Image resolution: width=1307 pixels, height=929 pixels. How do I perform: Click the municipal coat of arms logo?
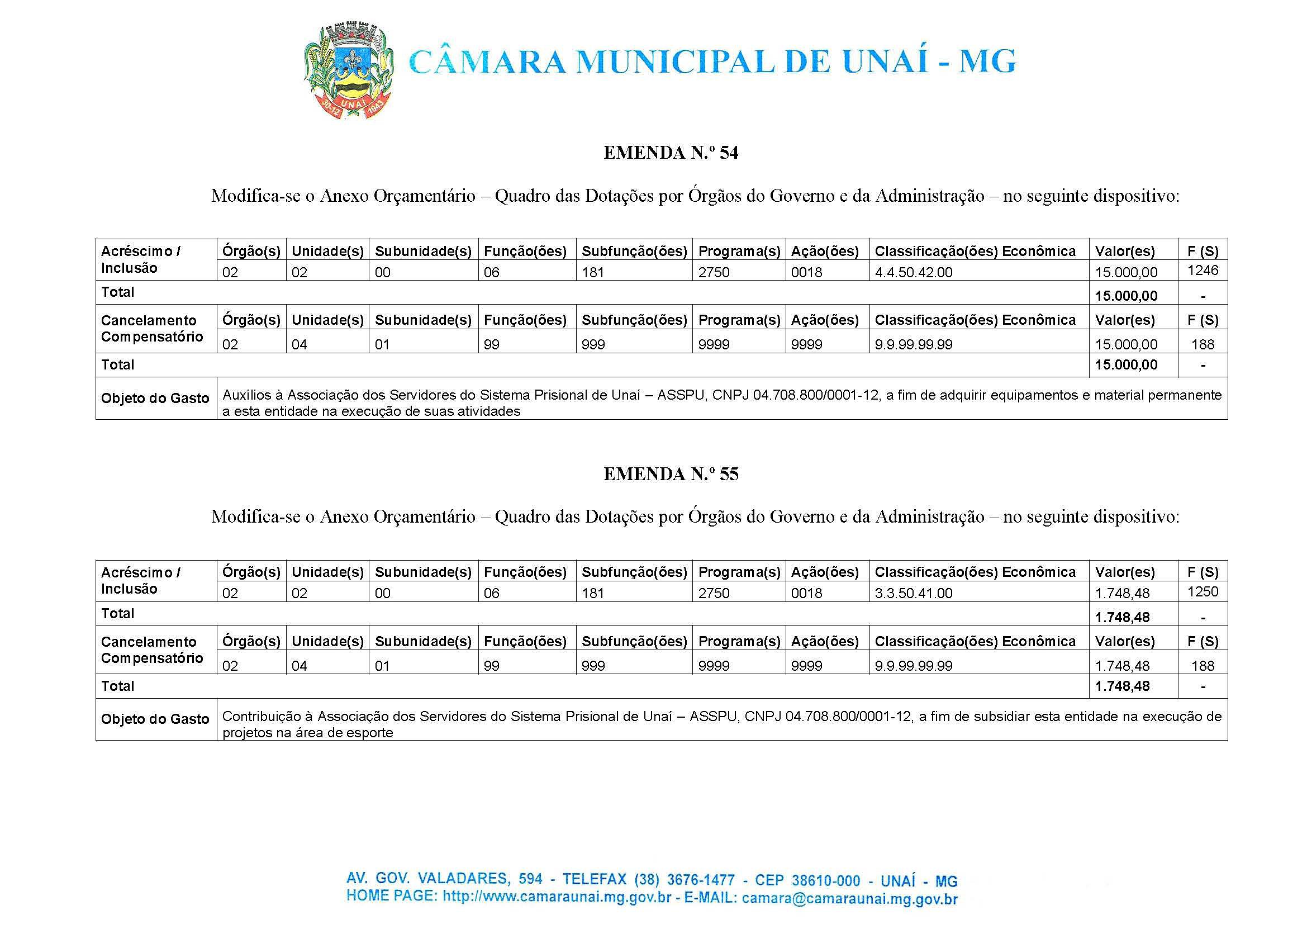click(x=348, y=71)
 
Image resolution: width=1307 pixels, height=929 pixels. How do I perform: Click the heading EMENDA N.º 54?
click(x=671, y=153)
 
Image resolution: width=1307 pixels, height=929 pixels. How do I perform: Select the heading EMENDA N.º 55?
click(x=671, y=473)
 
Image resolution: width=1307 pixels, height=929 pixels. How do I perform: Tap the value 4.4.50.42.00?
click(x=913, y=272)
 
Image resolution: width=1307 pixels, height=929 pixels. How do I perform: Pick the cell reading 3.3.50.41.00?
click(x=913, y=593)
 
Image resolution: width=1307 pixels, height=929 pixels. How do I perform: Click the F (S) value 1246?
click(x=1203, y=270)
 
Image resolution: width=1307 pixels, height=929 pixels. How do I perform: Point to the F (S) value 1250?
click(x=1203, y=591)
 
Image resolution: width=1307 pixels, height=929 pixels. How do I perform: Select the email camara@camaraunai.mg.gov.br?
click(x=849, y=899)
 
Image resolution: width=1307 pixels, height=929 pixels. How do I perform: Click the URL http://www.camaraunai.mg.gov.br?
click(x=557, y=897)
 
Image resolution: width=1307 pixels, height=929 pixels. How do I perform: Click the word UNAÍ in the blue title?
click(x=885, y=62)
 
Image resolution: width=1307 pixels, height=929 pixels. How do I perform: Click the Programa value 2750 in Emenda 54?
click(x=714, y=272)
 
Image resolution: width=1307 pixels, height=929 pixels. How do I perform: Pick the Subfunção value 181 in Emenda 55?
click(x=593, y=593)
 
